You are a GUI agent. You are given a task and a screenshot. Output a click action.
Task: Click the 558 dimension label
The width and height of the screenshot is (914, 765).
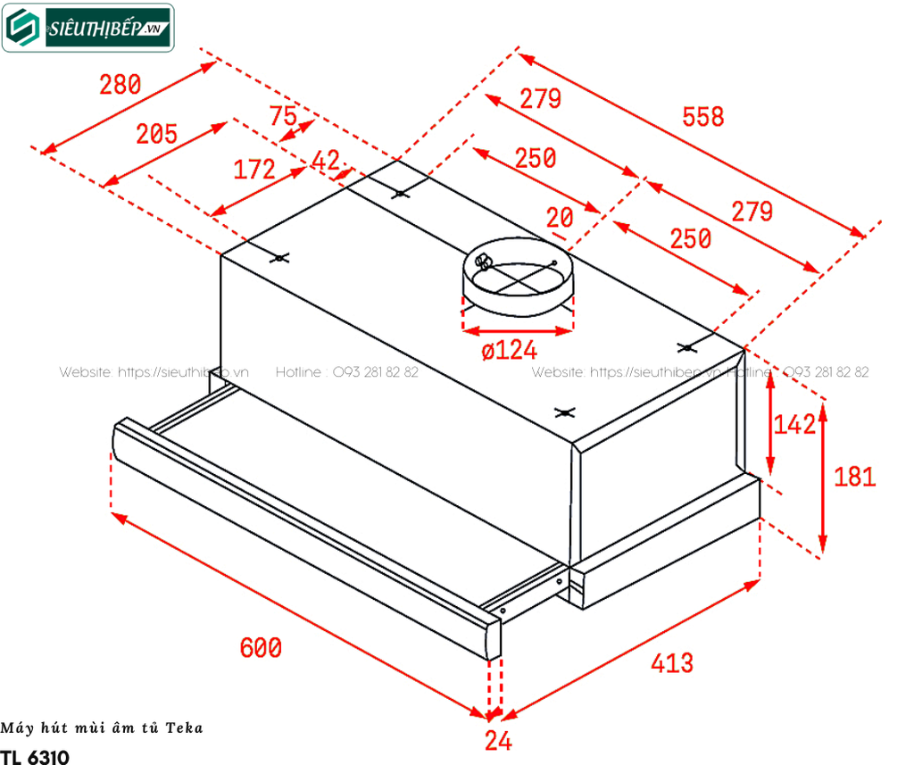click(x=702, y=116)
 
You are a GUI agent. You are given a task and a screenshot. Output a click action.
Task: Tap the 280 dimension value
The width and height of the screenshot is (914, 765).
click(x=120, y=86)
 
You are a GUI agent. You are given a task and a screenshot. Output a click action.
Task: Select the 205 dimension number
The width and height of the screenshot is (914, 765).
click(x=156, y=134)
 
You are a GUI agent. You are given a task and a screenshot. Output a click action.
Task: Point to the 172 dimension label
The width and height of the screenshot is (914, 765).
click(x=254, y=169)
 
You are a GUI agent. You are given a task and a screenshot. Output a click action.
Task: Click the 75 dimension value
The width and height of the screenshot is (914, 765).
click(x=283, y=117)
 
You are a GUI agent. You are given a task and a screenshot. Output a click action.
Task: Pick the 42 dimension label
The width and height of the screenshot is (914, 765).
click(x=327, y=162)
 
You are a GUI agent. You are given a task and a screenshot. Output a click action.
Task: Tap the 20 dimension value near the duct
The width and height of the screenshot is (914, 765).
click(x=561, y=218)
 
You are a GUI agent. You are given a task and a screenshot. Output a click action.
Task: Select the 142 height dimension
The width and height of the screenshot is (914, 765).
click(x=795, y=425)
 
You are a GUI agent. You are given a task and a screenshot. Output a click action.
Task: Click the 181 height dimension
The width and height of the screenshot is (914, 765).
click(x=854, y=477)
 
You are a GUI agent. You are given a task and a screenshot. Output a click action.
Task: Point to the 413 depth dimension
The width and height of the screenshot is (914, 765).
click(x=671, y=662)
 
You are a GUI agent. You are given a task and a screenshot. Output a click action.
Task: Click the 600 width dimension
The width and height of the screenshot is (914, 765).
click(x=261, y=647)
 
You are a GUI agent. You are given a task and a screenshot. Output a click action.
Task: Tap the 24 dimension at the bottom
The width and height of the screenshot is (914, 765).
click(x=498, y=740)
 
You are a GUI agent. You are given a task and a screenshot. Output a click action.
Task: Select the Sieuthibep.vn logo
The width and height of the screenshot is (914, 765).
click(x=87, y=27)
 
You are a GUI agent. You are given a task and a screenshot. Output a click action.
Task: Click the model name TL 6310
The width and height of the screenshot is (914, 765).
click(x=35, y=756)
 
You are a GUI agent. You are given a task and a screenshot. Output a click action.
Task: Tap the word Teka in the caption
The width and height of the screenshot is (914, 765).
click(x=185, y=728)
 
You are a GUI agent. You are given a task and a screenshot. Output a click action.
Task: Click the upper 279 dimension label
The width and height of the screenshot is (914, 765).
click(x=540, y=99)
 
